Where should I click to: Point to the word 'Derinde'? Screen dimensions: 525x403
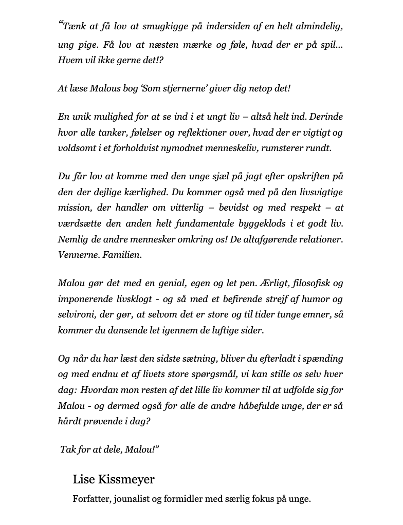(325, 117)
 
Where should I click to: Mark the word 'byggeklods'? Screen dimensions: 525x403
(269, 223)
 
